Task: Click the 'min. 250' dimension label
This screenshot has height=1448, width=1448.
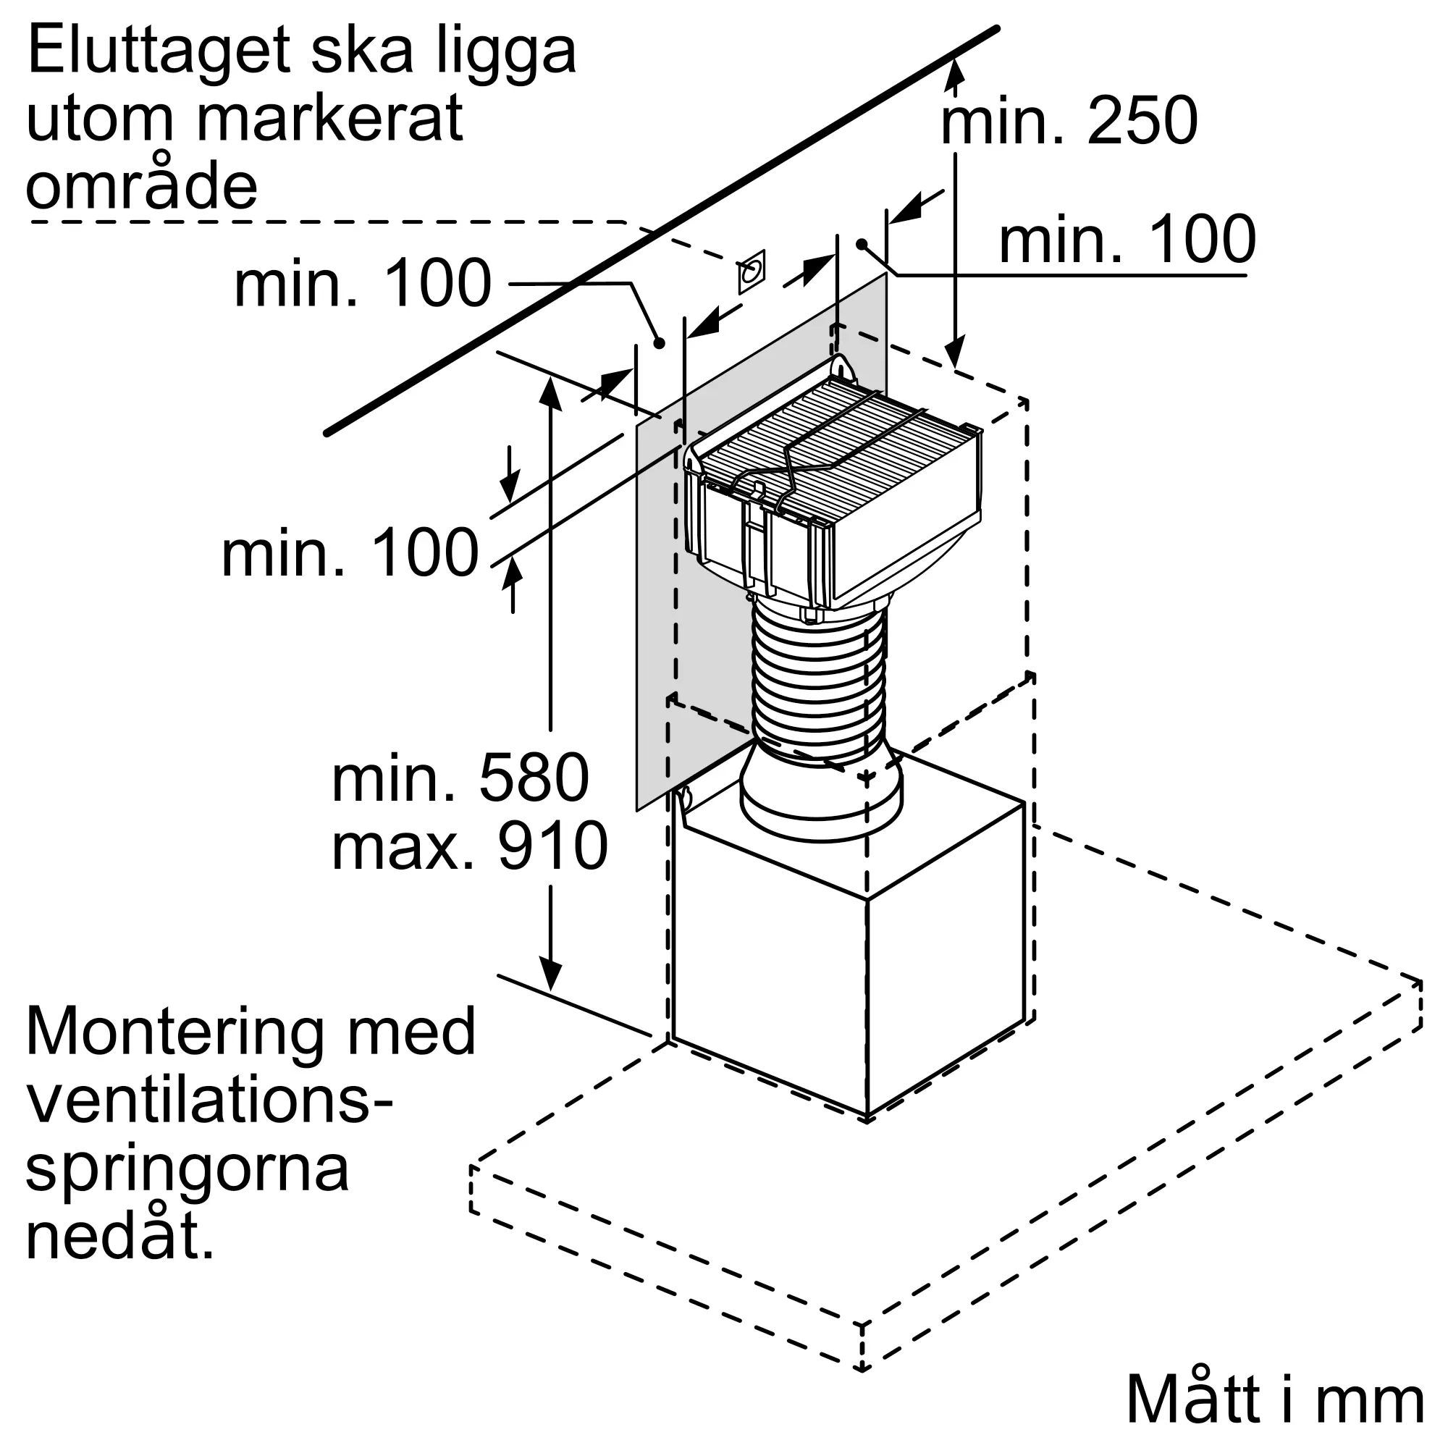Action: click(1068, 122)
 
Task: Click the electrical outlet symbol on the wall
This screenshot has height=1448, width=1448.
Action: click(751, 271)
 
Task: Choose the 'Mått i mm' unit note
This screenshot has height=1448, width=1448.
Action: click(1274, 1400)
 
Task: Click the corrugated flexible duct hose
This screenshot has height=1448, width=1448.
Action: click(818, 682)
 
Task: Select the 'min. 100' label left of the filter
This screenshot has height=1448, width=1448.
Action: click(349, 553)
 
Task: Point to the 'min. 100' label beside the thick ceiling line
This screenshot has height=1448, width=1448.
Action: click(363, 283)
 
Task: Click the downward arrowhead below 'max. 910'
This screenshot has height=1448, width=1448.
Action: click(551, 975)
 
